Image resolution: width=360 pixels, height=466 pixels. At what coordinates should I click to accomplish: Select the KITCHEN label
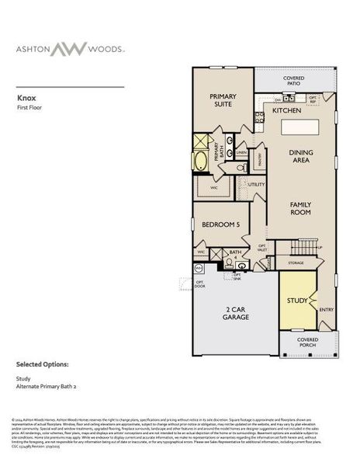click(x=286, y=111)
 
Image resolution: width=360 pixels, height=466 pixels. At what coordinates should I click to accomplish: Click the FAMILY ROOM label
click(x=300, y=207)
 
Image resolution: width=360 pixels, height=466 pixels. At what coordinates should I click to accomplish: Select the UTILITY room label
click(x=257, y=184)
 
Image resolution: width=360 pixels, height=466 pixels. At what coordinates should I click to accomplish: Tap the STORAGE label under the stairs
click(x=296, y=263)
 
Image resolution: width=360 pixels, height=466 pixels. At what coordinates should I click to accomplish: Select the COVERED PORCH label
click(x=308, y=343)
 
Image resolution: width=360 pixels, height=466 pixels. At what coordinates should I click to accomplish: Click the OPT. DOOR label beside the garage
click(x=199, y=283)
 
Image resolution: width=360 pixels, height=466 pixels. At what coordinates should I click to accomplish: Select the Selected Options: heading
click(x=43, y=363)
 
